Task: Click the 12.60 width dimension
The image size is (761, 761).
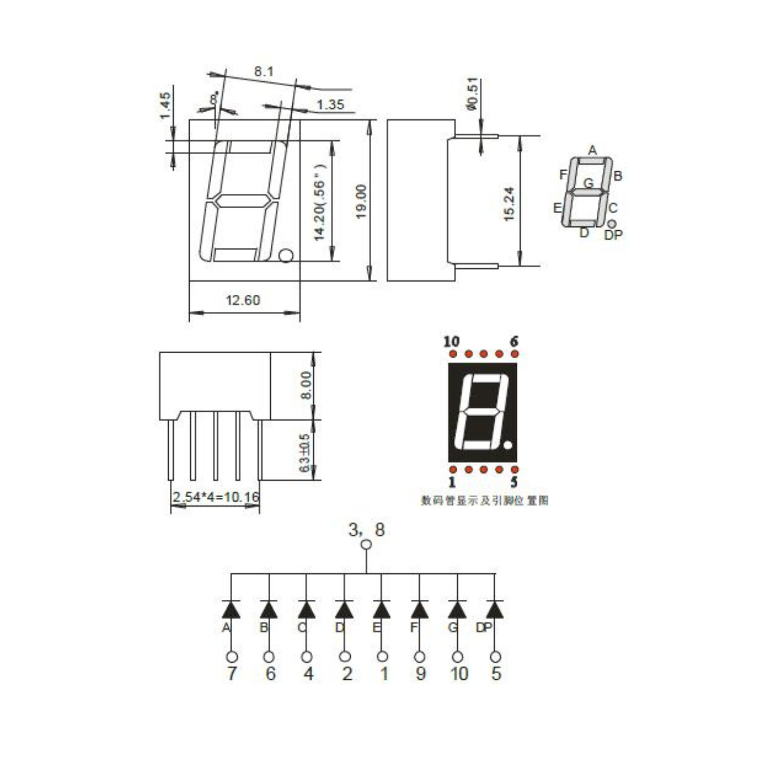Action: click(x=244, y=300)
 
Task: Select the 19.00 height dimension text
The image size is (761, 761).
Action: click(x=361, y=202)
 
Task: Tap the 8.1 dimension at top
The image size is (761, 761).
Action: click(x=263, y=72)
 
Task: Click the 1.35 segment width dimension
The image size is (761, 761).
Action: click(x=330, y=105)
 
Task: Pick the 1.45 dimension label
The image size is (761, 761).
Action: click(x=165, y=106)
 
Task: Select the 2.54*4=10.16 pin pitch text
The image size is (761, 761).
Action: click(x=216, y=497)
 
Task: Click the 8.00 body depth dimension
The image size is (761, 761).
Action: click(x=306, y=386)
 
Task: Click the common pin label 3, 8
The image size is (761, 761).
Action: click(x=367, y=530)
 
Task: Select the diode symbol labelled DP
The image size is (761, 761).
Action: click(x=495, y=609)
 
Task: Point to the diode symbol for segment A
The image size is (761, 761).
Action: click(x=231, y=609)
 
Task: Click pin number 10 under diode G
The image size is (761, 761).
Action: click(x=459, y=673)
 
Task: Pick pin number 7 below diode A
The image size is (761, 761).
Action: click(x=231, y=673)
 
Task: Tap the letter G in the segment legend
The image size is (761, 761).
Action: click(x=589, y=183)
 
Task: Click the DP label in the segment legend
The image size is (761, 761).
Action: click(x=613, y=235)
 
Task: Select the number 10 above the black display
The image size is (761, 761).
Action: click(x=451, y=342)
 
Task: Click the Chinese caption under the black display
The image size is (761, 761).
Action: click(x=485, y=501)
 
